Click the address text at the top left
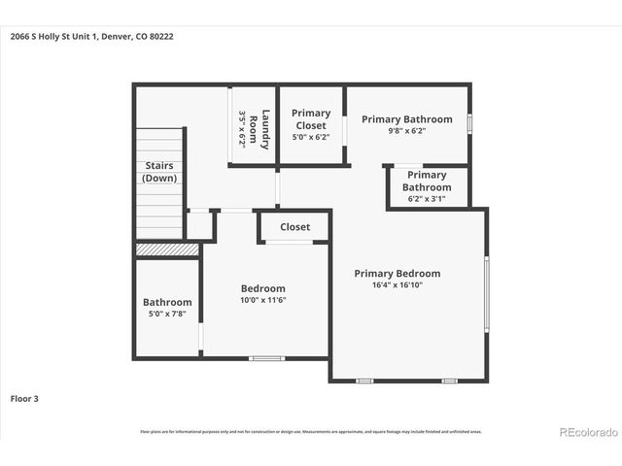tap(92, 37)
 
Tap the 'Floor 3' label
tap(25, 398)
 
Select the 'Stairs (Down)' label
tap(159, 172)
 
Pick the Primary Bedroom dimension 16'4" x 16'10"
tap(397, 285)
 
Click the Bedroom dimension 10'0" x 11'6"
tap(263, 300)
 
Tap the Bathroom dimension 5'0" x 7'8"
tap(167, 314)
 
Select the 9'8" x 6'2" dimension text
tap(407, 131)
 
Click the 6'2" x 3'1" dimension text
tap(427, 199)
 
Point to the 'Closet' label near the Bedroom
tap(294, 227)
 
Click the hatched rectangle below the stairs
tap(167, 250)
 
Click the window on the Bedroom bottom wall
tap(266, 358)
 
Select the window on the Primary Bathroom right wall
tap(469, 124)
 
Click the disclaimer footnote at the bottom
tap(311, 431)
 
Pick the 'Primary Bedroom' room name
tap(397, 274)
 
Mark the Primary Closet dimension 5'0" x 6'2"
tap(311, 137)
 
